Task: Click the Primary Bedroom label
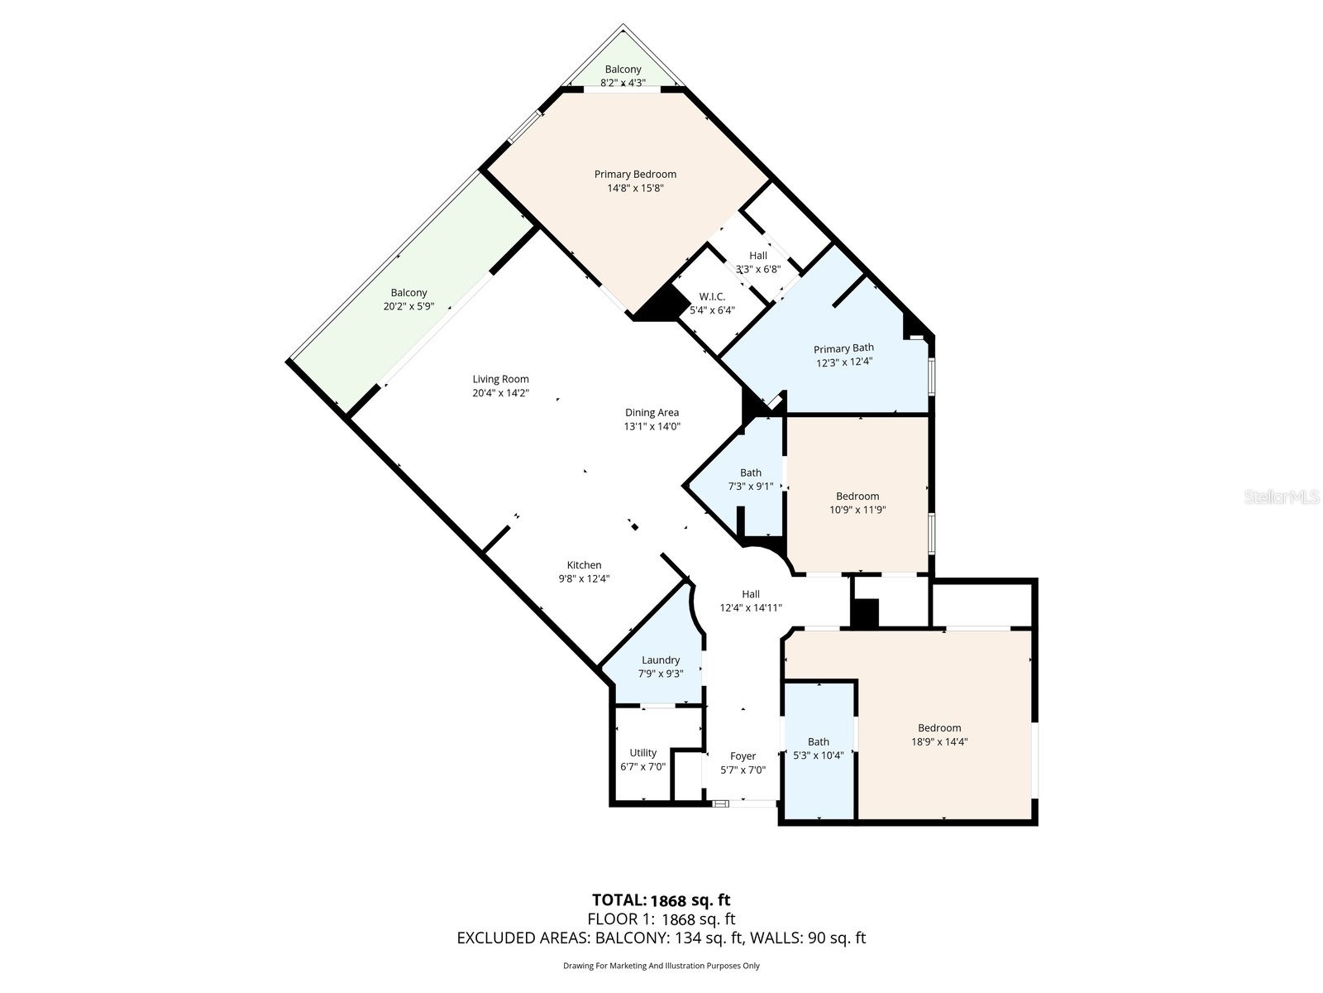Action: pos(635,175)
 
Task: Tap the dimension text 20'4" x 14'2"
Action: pos(500,394)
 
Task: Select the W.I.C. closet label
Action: pos(712,296)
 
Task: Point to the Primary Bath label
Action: pos(843,348)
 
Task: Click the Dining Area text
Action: pos(652,412)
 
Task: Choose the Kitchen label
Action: pos(584,565)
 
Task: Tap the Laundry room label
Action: pos(661,660)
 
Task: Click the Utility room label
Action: pos(642,753)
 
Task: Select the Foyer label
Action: pos(743,756)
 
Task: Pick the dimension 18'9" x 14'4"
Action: pos(939,742)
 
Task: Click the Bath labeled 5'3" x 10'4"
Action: pos(819,742)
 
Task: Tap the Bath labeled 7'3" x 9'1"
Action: pos(751,473)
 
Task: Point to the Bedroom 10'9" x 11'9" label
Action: pos(857,496)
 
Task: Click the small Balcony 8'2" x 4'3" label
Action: pos(623,70)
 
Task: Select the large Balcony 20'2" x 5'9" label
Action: pos(408,293)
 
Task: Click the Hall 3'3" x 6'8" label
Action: pos(758,256)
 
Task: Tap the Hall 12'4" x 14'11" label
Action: pos(751,594)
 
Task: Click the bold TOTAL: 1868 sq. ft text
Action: pos(661,900)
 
